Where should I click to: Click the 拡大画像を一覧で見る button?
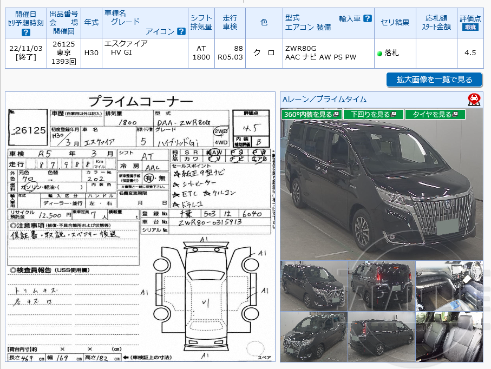434,80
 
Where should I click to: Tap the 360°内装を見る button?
311,114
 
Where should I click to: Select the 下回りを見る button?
373,114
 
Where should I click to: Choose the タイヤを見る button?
435,114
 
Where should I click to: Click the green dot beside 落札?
379,53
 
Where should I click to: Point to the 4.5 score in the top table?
470,52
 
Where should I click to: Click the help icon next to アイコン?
181,31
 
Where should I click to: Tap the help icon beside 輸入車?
368,18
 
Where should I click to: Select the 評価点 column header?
470,18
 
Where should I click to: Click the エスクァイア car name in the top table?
126,43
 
